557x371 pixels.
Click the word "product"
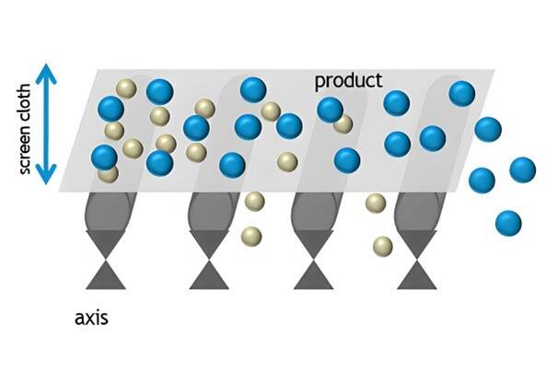[x=348, y=81]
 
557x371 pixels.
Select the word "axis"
[x=92, y=319]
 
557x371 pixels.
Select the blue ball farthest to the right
[x=522, y=170]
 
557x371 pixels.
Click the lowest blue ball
[x=507, y=222]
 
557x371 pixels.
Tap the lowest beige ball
[x=382, y=246]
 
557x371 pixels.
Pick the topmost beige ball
[x=126, y=89]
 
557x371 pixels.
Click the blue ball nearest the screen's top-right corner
[x=461, y=93]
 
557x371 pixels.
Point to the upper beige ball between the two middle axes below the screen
[x=255, y=201]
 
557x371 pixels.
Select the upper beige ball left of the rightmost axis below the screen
[x=375, y=203]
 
